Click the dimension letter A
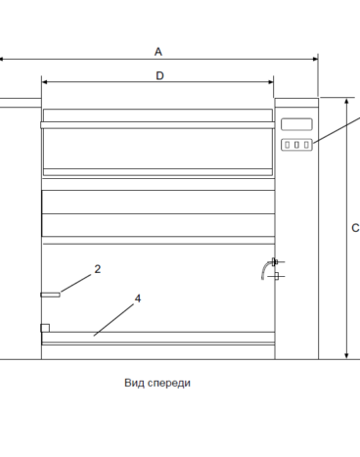click(158, 52)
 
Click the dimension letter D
click(159, 75)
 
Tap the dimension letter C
click(355, 228)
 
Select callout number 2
click(98, 269)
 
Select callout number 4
click(138, 298)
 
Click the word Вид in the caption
click(134, 383)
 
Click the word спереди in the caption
click(169, 384)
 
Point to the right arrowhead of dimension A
click(315, 59)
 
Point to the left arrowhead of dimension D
click(45, 82)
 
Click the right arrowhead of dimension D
click(271, 82)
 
